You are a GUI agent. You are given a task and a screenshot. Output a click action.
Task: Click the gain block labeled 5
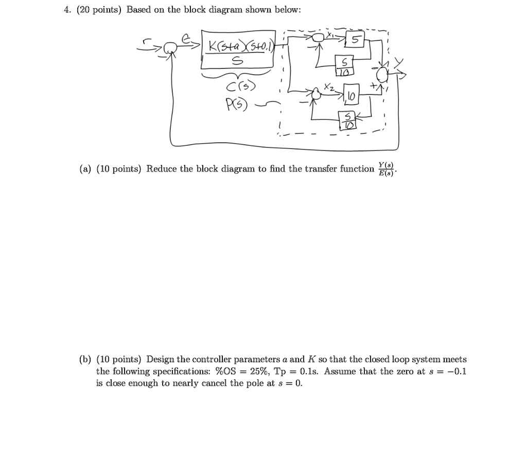coord(355,41)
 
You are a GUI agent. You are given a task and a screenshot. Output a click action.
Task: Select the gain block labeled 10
coord(350,96)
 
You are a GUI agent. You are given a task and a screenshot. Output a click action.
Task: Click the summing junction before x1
coord(320,36)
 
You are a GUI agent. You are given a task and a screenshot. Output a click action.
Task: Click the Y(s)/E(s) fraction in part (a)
coord(385,169)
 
